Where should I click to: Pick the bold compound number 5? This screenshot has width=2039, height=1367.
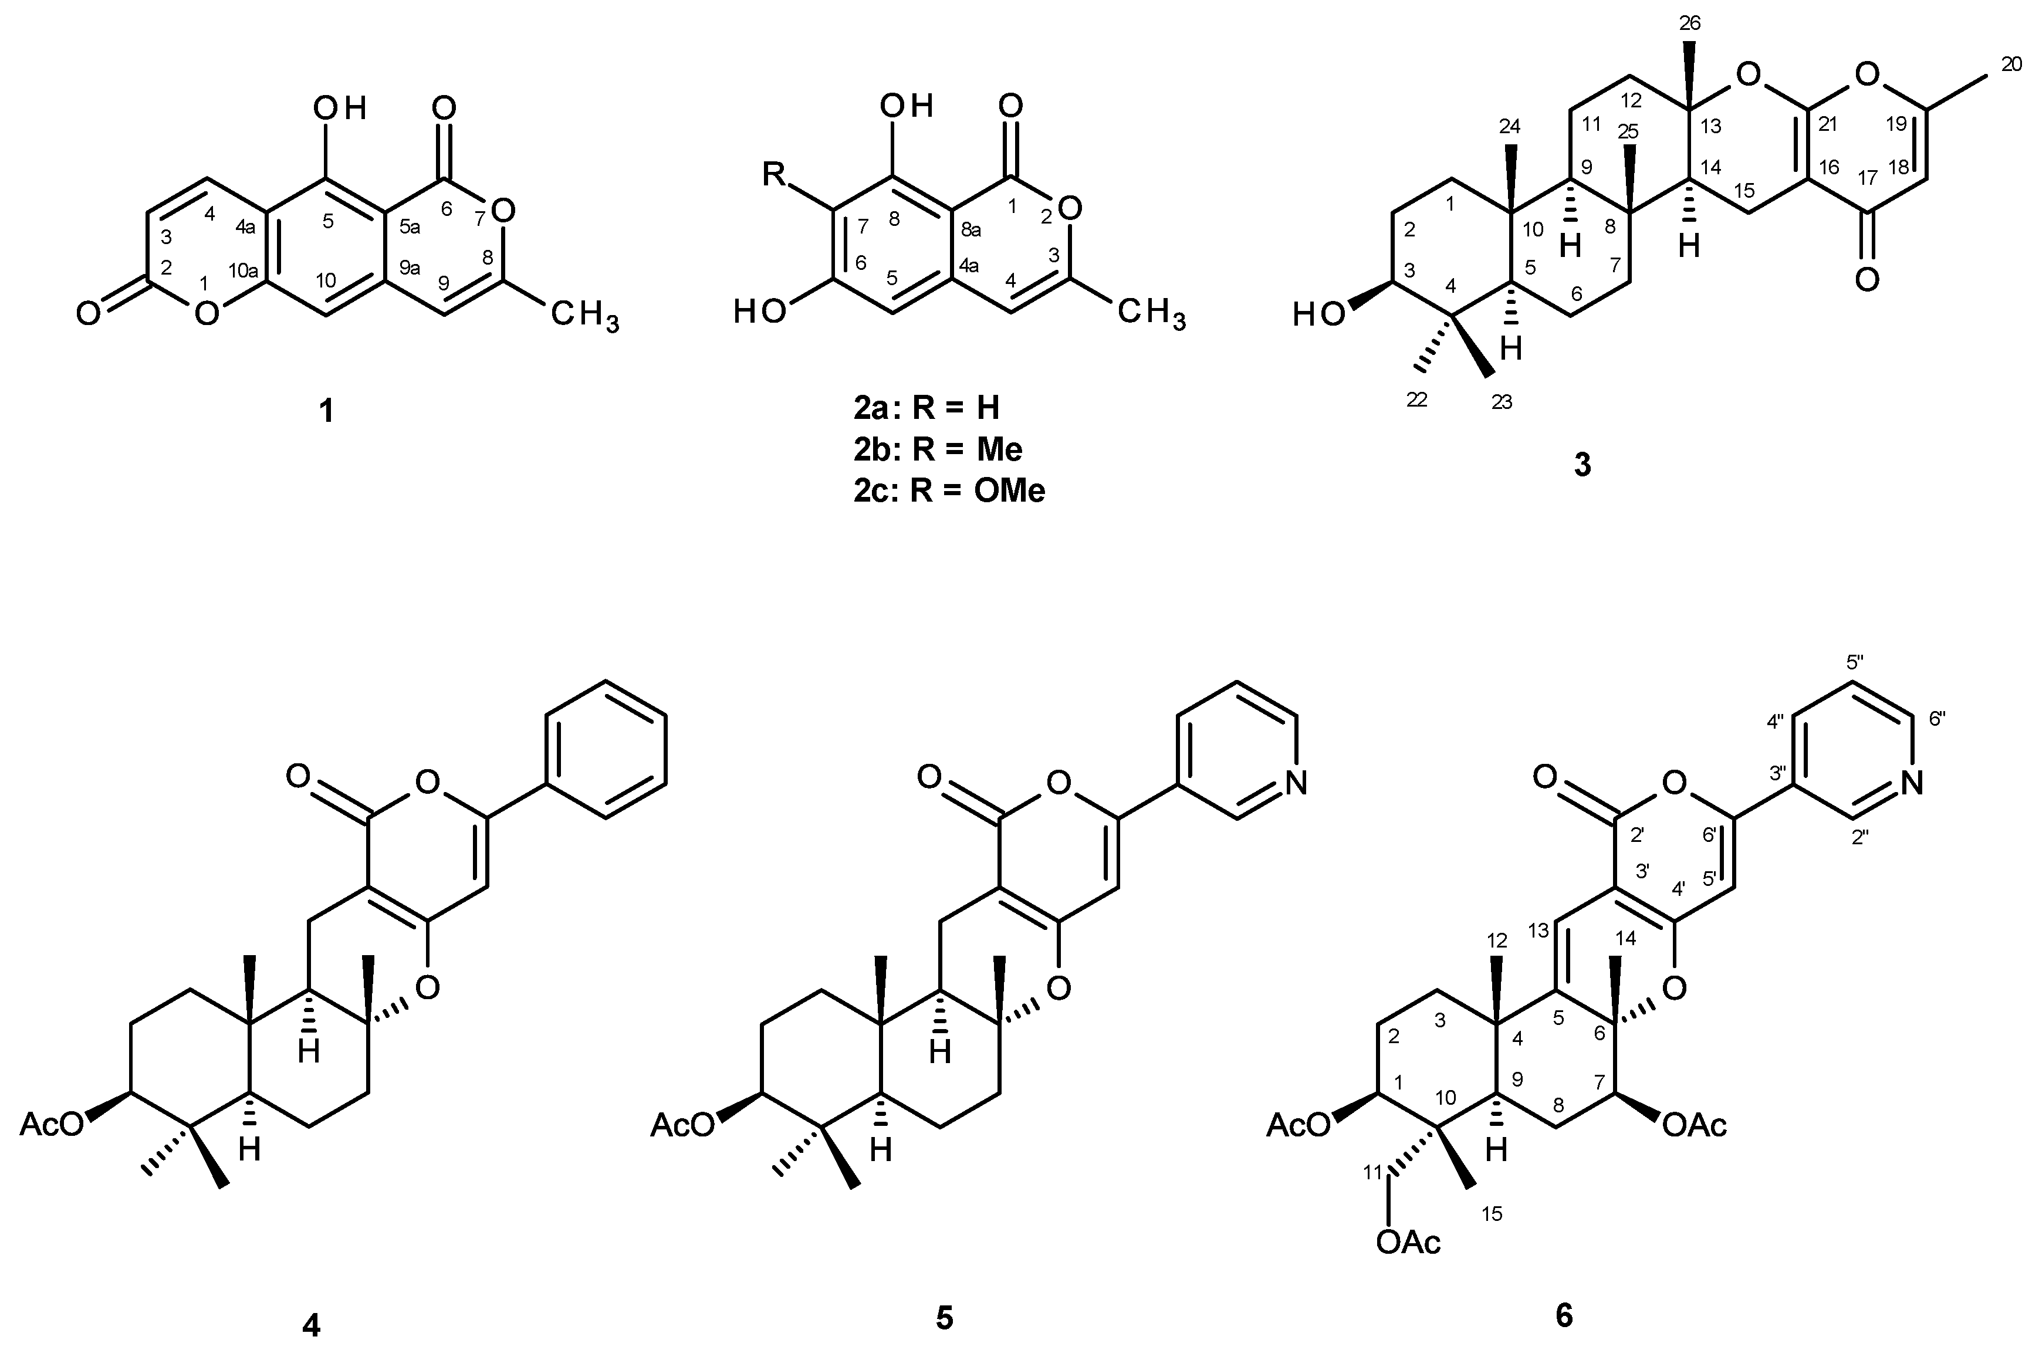[945, 1319]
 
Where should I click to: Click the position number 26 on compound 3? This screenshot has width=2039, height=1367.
[1689, 23]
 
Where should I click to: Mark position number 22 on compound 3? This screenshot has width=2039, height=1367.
[1418, 400]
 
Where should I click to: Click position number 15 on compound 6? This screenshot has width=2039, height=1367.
[1492, 1213]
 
